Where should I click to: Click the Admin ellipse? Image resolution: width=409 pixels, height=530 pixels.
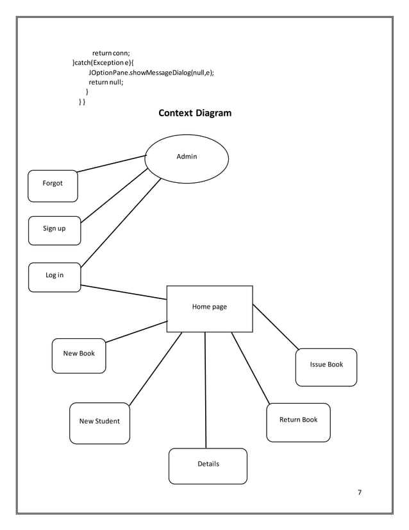point(187,157)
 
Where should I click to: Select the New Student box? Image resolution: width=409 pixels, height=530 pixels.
point(99,423)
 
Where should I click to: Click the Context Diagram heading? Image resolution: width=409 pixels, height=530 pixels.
point(195,114)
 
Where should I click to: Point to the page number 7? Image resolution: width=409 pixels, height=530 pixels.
point(360,493)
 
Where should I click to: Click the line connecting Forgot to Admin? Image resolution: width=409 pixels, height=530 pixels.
point(111,164)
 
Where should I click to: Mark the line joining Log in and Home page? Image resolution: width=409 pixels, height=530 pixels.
point(124,293)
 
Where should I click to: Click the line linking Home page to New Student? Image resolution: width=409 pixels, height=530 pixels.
point(155,369)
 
